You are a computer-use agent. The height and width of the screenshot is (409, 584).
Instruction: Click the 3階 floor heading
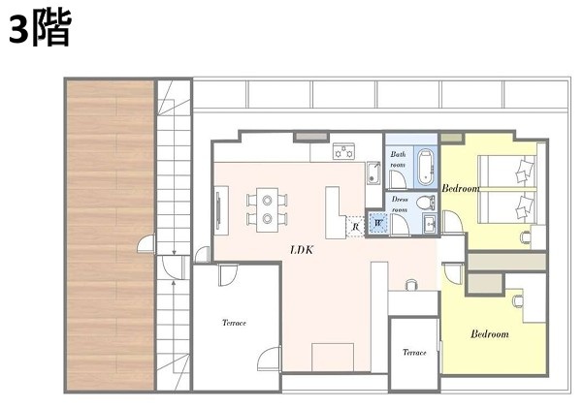point(40,29)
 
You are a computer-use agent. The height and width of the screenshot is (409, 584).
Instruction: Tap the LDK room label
point(302,250)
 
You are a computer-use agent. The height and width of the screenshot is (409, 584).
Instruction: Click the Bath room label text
point(398,159)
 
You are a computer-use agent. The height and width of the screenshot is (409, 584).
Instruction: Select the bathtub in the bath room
point(426,167)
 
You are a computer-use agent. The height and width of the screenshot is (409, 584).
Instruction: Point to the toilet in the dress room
point(426,203)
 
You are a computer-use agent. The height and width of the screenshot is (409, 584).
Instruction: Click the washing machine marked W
point(378,223)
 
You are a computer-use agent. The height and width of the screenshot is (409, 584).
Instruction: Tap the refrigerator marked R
point(355,226)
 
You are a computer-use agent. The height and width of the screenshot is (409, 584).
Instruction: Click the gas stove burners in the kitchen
point(343,151)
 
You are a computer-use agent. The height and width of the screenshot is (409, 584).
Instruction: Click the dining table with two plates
point(267,209)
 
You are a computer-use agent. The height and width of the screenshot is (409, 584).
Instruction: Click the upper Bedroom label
point(461,188)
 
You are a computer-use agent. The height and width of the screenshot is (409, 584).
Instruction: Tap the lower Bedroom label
point(489,333)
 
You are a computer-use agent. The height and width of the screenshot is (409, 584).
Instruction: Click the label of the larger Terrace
point(234,323)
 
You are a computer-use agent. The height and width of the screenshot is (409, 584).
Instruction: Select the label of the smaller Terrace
point(414,352)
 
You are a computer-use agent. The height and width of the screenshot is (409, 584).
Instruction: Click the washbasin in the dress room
point(431,224)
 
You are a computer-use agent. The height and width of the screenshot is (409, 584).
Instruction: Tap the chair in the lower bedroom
point(517,300)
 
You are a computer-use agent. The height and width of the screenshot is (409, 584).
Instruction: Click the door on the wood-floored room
point(146,244)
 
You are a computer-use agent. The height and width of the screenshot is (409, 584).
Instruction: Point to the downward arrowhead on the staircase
point(174,253)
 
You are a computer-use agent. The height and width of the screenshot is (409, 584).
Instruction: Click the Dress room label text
point(400,204)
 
